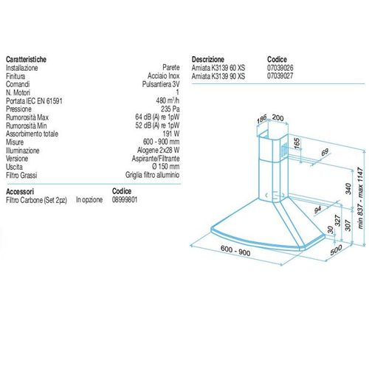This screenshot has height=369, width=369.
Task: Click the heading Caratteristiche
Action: pyautogui.click(x=26, y=59)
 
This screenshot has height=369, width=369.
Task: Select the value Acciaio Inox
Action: pyautogui.click(x=164, y=76)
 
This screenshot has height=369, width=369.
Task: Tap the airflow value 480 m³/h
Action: pyautogui.click(x=168, y=100)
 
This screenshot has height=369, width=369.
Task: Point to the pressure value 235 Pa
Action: pyautogui.click(x=170, y=108)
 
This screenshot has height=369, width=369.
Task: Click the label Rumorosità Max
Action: pyautogui.click(x=27, y=117)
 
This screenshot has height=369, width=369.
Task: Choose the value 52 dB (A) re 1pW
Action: pyautogui.click(x=157, y=125)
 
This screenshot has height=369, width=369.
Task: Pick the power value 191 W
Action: pyautogui.click(x=171, y=134)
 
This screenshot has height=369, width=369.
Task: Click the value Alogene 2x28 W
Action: pyautogui.click(x=159, y=150)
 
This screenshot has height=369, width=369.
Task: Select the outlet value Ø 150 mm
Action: pyautogui.click(x=166, y=167)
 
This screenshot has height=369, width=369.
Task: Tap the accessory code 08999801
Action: pyautogui.click(x=125, y=199)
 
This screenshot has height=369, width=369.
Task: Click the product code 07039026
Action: pyautogui.click(x=280, y=68)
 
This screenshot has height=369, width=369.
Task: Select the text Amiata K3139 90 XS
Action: pyautogui.click(x=218, y=76)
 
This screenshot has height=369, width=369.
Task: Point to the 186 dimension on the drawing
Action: pyautogui.click(x=262, y=120)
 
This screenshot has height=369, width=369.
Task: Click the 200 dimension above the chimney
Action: pyautogui.click(x=278, y=117)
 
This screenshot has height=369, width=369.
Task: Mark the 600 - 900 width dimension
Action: pyautogui.click(x=235, y=251)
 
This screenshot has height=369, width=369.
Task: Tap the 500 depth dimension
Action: pyautogui.click(x=336, y=250)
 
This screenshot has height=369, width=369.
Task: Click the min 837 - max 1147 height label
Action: pyautogui.click(x=360, y=198)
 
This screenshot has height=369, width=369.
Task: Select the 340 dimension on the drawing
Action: pyautogui.click(x=348, y=189)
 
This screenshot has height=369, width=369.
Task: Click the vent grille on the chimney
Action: pyautogui.click(x=284, y=150)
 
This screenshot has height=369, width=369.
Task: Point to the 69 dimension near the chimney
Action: pyautogui.click(x=325, y=152)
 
